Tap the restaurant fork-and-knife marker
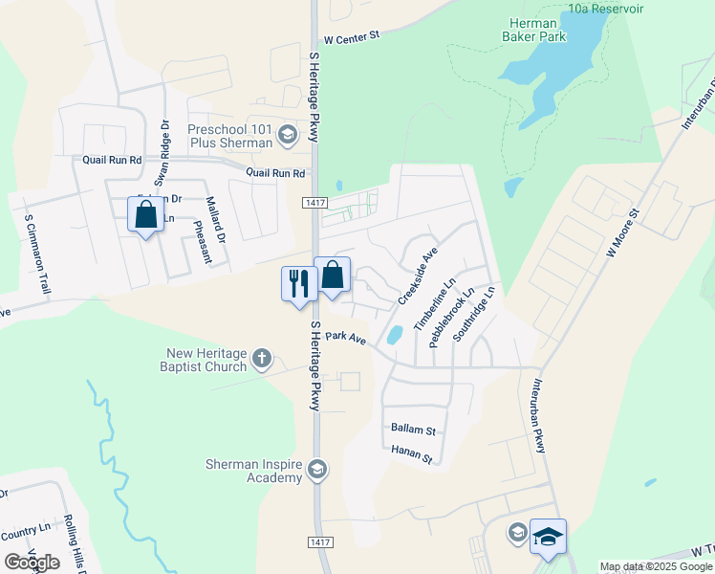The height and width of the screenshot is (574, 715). [298, 283]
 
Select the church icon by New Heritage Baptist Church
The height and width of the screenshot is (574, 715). [262, 361]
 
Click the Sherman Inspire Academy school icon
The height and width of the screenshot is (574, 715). [317, 469]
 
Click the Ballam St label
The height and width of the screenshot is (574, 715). [413, 430]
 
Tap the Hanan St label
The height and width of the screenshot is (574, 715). [413, 453]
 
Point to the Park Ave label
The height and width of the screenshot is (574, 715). [345, 338]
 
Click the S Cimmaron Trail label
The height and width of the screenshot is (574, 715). [36, 254]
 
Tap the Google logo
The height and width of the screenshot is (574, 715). [32, 562]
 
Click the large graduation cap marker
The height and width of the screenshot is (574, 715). [549, 537]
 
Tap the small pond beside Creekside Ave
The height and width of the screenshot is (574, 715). [394, 335]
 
